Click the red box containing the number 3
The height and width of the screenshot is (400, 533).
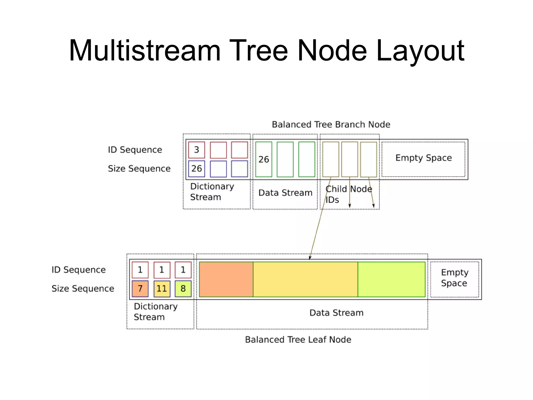click(196, 150)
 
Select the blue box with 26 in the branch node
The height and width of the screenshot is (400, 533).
click(196, 169)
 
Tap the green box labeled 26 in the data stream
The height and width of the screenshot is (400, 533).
click(264, 159)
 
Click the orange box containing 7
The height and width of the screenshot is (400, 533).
click(140, 289)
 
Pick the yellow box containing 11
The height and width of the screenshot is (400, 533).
click(162, 289)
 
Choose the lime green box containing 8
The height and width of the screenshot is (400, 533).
click(183, 289)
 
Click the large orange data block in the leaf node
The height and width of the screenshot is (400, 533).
click(226, 279)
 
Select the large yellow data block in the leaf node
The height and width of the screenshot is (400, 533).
click(305, 279)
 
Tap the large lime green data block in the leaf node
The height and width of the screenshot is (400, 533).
click(391, 279)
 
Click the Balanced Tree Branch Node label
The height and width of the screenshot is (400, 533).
click(331, 124)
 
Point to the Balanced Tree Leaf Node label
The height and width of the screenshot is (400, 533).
click(298, 340)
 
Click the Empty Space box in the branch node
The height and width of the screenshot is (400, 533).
click(423, 159)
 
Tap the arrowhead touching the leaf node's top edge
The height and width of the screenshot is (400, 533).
click(310, 258)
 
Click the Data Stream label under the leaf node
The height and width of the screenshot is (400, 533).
click(336, 313)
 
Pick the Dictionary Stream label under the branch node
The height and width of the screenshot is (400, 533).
click(212, 192)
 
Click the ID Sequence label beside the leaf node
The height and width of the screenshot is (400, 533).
click(79, 270)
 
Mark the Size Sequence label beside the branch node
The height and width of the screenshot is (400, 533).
click(139, 169)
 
